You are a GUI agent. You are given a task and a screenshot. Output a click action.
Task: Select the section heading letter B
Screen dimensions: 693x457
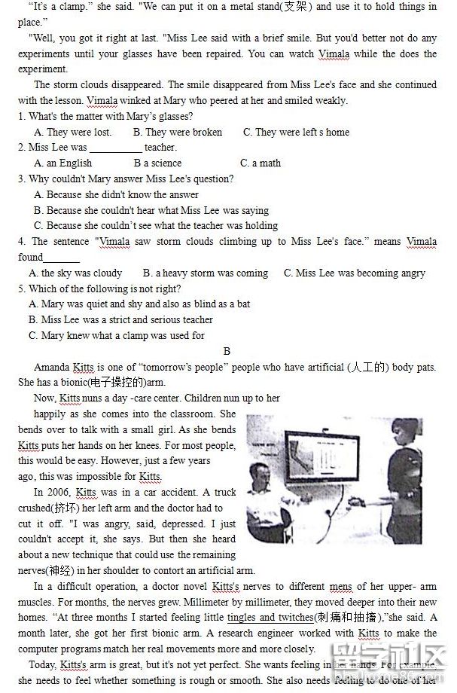[227, 351]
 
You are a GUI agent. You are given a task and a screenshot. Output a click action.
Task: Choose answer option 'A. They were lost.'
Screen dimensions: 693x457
[73, 132]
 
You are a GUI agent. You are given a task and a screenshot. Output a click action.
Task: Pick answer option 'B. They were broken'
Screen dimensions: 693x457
[178, 132]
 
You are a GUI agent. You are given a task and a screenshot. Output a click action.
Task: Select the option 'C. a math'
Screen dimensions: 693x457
[260, 163]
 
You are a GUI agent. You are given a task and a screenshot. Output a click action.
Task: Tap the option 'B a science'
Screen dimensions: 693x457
[157, 163]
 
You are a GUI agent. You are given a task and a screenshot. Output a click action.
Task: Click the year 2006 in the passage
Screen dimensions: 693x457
[62, 492]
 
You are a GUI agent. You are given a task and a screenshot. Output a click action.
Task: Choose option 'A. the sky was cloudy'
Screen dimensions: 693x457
[75, 273]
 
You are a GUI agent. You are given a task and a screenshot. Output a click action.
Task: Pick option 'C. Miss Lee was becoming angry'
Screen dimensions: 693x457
[354, 273]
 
